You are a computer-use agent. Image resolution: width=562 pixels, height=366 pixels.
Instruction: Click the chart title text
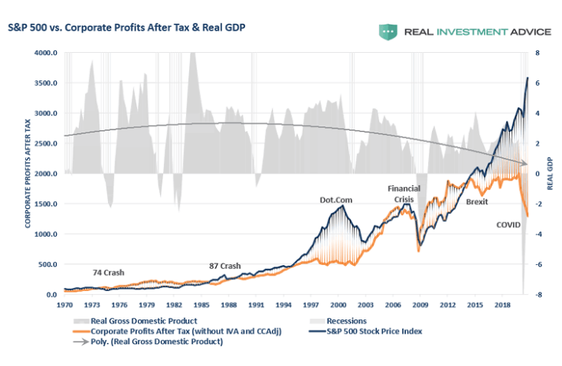pyautogui.click(x=127, y=28)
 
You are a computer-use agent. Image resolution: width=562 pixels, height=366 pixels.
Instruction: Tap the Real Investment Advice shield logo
pyautogui.click(x=387, y=32)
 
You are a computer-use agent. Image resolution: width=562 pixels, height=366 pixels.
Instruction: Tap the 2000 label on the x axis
pyautogui.click(x=338, y=304)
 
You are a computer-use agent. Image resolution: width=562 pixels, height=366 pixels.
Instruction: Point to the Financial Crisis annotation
pyautogui.click(x=404, y=194)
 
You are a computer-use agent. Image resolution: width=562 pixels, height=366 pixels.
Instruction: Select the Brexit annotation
pyautogui.click(x=477, y=202)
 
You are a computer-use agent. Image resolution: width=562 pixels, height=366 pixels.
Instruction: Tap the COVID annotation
pyautogui.click(x=508, y=225)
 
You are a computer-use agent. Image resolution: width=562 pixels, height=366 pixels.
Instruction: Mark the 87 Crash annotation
pyautogui.click(x=225, y=266)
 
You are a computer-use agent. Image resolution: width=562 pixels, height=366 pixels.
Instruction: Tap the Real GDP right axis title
pyautogui.click(x=550, y=174)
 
